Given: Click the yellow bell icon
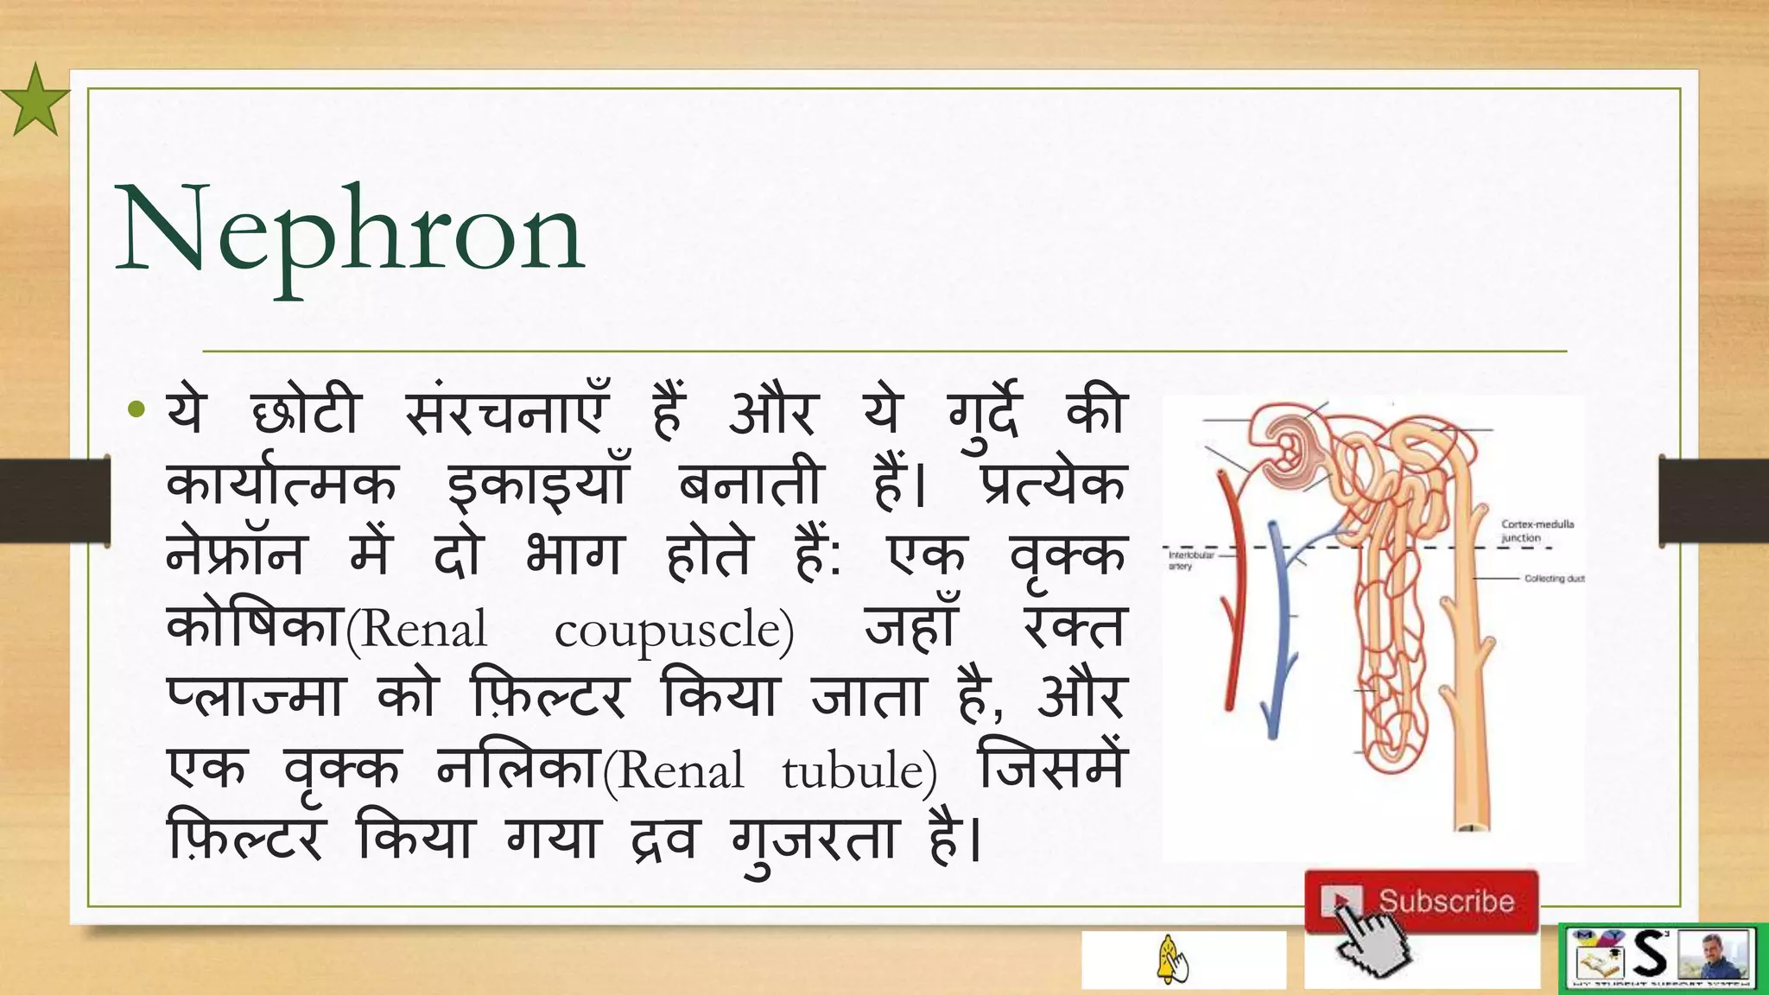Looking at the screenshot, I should (1170, 959).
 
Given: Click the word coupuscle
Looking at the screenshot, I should (674, 631).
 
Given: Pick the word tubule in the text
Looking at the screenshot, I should (859, 771).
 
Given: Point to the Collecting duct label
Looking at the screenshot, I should (1554, 579).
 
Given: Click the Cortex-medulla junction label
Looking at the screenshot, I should (1537, 530).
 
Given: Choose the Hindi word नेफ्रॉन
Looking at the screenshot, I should (235, 555).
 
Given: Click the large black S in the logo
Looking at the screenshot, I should (1650, 955).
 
